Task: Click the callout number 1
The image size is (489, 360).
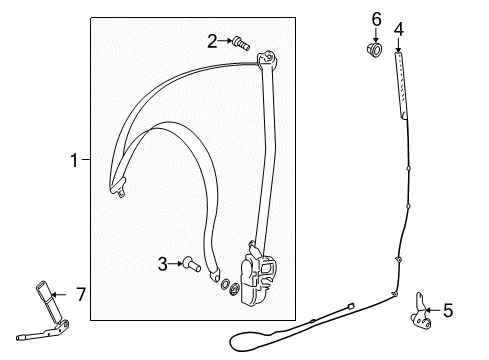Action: tap(74, 160)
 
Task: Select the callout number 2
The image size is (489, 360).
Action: tap(212, 41)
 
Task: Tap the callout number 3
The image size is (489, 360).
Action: tap(162, 264)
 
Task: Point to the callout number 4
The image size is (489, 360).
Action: tap(398, 29)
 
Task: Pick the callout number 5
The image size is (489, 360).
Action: tap(448, 311)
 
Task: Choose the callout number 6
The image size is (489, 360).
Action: tap(376, 19)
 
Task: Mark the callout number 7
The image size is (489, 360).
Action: tap(81, 294)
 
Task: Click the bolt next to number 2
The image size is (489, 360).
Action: tap(241, 43)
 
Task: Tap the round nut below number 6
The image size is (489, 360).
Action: tap(374, 49)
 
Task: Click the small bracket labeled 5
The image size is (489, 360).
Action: tap(421, 311)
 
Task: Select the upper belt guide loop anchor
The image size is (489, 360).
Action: tap(268, 59)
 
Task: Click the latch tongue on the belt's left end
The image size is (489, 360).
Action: tap(119, 187)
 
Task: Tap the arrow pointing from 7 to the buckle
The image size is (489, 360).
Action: tap(59, 294)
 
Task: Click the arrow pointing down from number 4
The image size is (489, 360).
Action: tap(398, 45)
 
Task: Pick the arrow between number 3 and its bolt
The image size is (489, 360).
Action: tap(175, 264)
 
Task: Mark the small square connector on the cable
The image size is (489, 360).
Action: tap(350, 306)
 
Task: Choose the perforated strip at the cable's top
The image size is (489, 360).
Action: tap(401, 85)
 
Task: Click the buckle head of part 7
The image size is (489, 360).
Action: tap(44, 290)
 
